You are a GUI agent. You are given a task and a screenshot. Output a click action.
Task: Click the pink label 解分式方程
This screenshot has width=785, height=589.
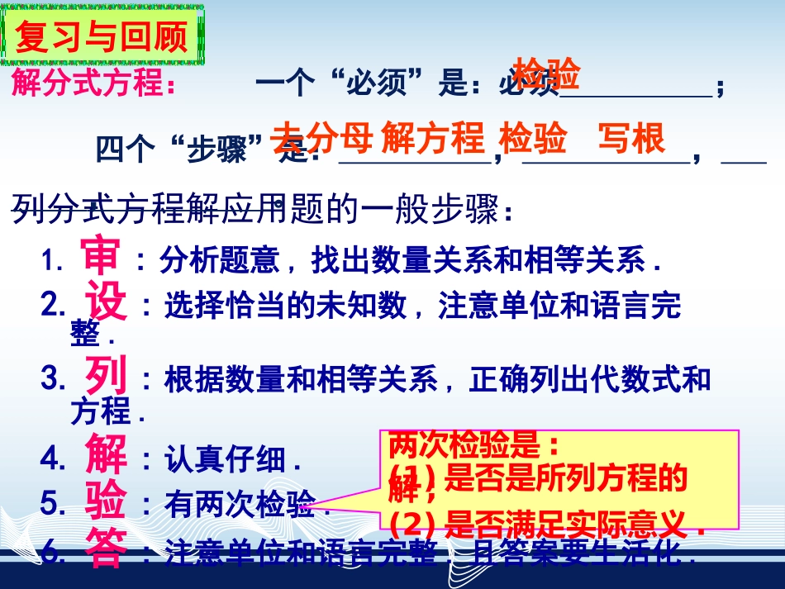(x=94, y=84)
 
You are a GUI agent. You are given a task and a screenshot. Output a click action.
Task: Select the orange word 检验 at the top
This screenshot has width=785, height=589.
(x=546, y=74)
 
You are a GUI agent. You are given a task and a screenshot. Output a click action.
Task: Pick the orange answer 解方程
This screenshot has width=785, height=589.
(x=433, y=139)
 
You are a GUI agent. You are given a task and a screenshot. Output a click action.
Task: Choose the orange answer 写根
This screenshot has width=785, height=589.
(x=631, y=139)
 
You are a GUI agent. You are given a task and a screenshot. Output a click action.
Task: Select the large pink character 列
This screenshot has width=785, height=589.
(x=107, y=377)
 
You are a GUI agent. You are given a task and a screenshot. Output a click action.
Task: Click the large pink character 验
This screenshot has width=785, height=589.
(x=107, y=501)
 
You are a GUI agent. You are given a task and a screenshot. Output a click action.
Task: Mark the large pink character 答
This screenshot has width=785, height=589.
(x=107, y=549)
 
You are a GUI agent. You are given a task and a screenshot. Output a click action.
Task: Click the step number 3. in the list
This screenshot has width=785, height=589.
(x=53, y=378)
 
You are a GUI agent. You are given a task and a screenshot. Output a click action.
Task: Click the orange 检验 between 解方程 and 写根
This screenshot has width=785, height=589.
(x=533, y=139)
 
